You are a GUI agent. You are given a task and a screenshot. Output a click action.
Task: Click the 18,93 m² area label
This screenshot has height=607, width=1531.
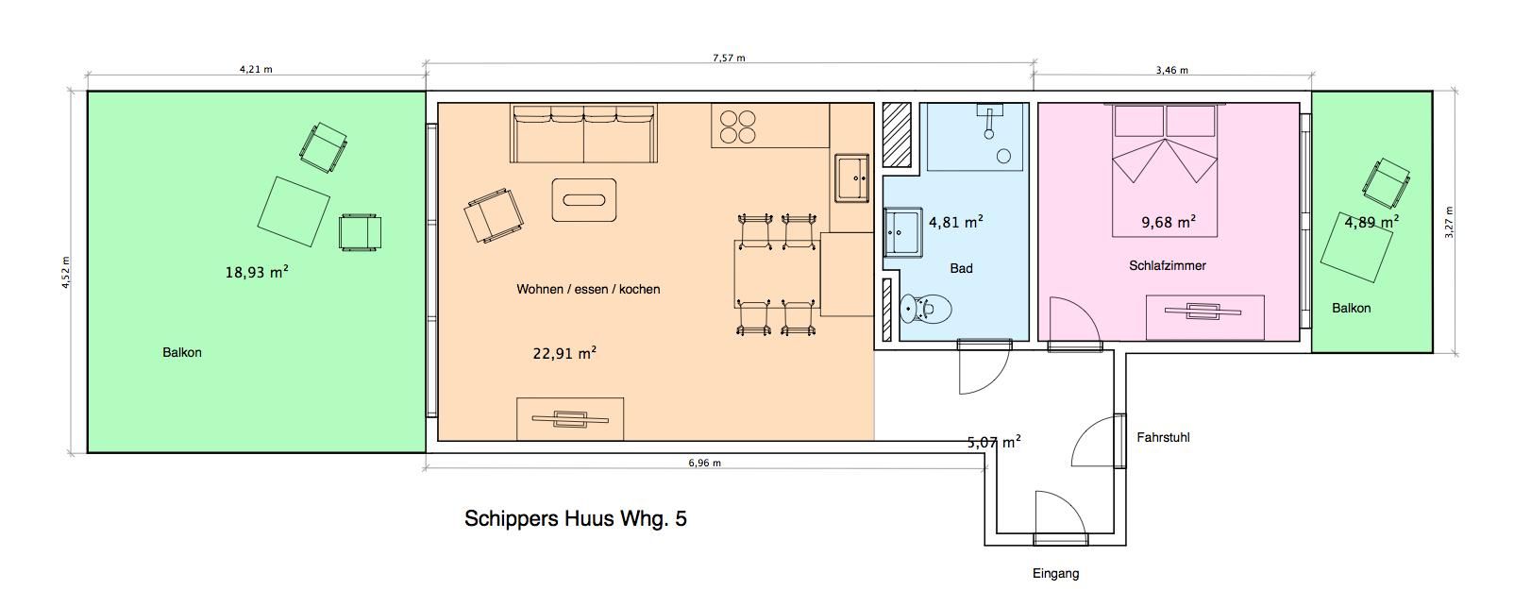257,272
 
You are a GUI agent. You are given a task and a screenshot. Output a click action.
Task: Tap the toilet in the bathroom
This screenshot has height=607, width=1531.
926,309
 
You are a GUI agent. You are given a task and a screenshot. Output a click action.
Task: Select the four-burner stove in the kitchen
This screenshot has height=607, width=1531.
738,127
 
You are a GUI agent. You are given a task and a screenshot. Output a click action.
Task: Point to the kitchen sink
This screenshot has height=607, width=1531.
851,177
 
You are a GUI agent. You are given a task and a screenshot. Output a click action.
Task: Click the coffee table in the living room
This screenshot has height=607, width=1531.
584,199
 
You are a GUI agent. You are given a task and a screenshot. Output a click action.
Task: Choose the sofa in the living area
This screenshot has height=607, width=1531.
583,133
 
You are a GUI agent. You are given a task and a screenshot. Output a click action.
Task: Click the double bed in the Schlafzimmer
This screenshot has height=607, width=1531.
1165,170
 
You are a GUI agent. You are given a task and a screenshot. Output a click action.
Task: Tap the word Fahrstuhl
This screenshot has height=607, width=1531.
1163,437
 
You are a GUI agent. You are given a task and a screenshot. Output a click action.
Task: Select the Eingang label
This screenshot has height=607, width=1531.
1056,574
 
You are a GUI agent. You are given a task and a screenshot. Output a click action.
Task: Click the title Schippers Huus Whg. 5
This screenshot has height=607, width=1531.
576,519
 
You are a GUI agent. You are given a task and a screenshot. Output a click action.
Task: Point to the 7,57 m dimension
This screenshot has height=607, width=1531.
730,59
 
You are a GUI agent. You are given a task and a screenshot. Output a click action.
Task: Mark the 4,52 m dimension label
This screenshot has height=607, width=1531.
66,273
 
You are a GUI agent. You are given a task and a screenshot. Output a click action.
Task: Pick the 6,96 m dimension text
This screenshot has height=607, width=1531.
705,463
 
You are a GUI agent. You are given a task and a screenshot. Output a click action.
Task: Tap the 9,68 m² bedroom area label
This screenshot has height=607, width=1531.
1169,222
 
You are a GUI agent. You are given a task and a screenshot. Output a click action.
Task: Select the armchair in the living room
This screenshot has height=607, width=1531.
494,215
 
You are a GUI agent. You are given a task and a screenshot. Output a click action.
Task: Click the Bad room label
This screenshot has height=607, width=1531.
961,269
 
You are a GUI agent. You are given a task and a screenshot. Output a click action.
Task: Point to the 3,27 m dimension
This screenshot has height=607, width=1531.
1449,222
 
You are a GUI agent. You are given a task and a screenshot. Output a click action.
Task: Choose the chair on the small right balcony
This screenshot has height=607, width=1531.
1386,183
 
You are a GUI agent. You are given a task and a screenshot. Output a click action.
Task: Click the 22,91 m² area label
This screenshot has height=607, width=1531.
564,353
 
